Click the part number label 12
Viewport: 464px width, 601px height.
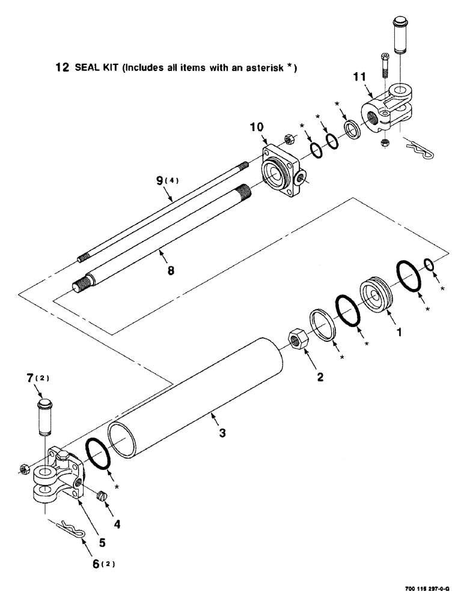coord(61,68)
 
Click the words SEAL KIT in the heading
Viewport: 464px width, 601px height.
coord(96,68)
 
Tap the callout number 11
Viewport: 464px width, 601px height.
coord(359,77)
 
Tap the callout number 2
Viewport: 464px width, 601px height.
coord(320,377)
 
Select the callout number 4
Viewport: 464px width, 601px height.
coord(117,523)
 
